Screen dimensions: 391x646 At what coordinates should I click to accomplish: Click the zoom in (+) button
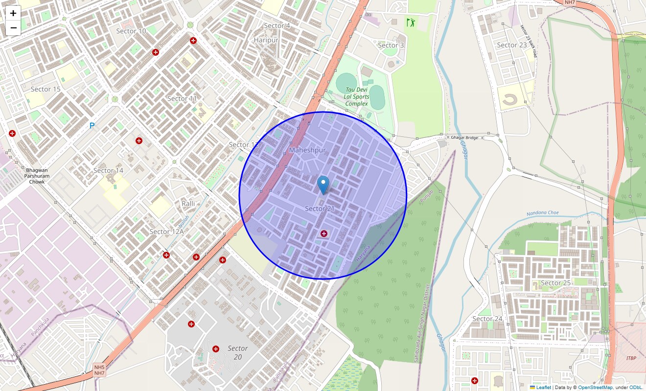tap(13, 14)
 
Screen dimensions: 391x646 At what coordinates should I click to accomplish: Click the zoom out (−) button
tap(13, 28)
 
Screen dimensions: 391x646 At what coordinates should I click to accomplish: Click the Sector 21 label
tap(320, 209)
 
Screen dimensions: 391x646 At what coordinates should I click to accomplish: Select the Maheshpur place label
tap(307, 150)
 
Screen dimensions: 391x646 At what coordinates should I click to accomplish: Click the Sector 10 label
tap(131, 31)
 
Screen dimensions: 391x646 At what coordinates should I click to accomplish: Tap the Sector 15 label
tap(46, 89)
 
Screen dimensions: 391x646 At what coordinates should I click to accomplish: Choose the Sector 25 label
tap(555, 283)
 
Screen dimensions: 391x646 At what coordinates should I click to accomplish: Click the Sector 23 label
tap(512, 45)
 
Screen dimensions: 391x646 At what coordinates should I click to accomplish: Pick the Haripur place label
tap(266, 40)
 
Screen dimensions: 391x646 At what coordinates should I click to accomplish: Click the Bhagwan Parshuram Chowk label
tap(37, 176)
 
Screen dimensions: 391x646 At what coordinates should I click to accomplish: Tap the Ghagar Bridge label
tap(464, 138)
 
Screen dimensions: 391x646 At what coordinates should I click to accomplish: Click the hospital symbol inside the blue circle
tap(323, 234)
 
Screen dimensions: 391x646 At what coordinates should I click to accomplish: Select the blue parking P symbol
tap(92, 126)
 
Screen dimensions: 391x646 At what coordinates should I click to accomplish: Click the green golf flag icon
tap(410, 22)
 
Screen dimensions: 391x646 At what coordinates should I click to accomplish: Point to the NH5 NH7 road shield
tap(99, 369)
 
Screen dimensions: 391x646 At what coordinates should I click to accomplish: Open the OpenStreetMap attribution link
tap(595, 388)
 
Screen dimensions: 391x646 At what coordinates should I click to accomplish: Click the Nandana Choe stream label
tap(542, 214)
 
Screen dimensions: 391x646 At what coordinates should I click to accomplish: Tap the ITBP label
tap(631, 358)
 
